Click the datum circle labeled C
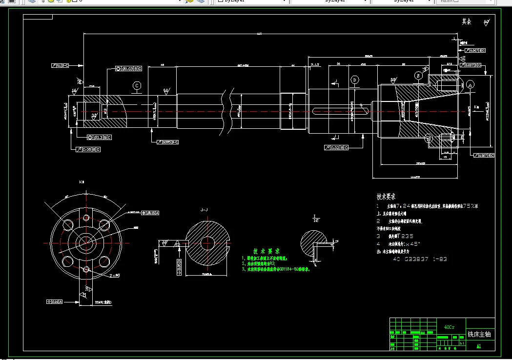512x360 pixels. [x=137, y=86]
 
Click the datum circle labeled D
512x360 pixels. [x=354, y=80]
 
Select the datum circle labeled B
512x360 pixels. [x=418, y=75]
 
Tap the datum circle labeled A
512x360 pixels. [x=471, y=85]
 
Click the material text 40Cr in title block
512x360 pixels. [x=449, y=327]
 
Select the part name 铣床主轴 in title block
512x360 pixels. [x=480, y=334]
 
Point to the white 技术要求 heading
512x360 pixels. [x=386, y=197]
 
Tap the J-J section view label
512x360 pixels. [x=204, y=210]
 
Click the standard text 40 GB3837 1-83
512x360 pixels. [x=420, y=260]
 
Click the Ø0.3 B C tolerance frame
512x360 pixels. [x=99, y=138]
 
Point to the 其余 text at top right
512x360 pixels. [x=467, y=22]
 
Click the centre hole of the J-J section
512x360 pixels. [x=206, y=242]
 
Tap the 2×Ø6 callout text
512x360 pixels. [x=115, y=276]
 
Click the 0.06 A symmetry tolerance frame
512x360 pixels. [x=54, y=302]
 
